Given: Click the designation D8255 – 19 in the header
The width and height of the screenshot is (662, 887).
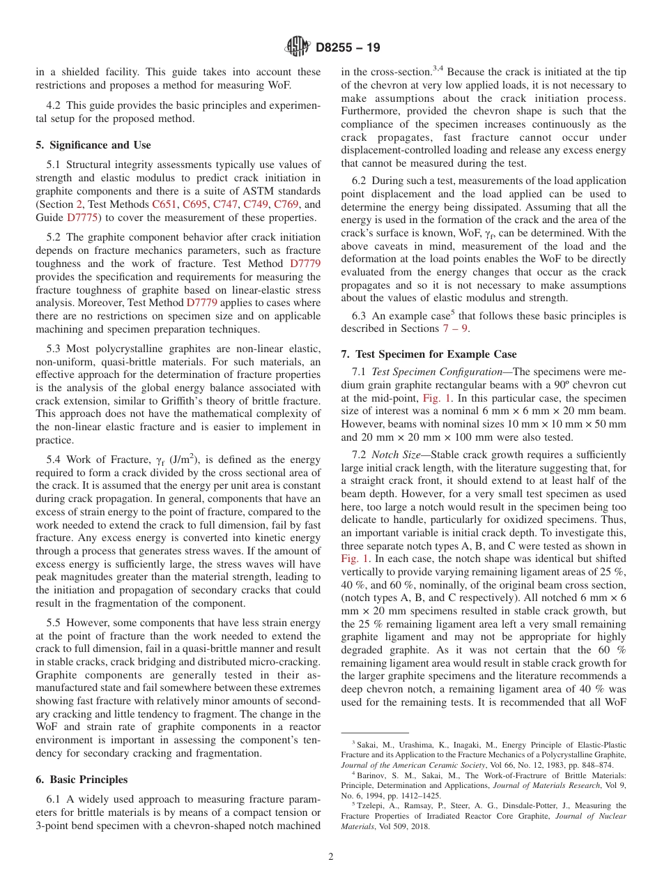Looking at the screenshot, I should pos(347,48).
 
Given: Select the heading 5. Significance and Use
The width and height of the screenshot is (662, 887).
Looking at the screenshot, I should pos(93,145).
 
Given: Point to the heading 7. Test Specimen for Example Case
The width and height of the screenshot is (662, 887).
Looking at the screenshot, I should pos(429,354).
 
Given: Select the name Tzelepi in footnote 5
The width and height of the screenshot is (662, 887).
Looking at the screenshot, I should pos(371,805).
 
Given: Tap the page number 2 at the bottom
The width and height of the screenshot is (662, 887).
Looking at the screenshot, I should pos(331,856).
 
